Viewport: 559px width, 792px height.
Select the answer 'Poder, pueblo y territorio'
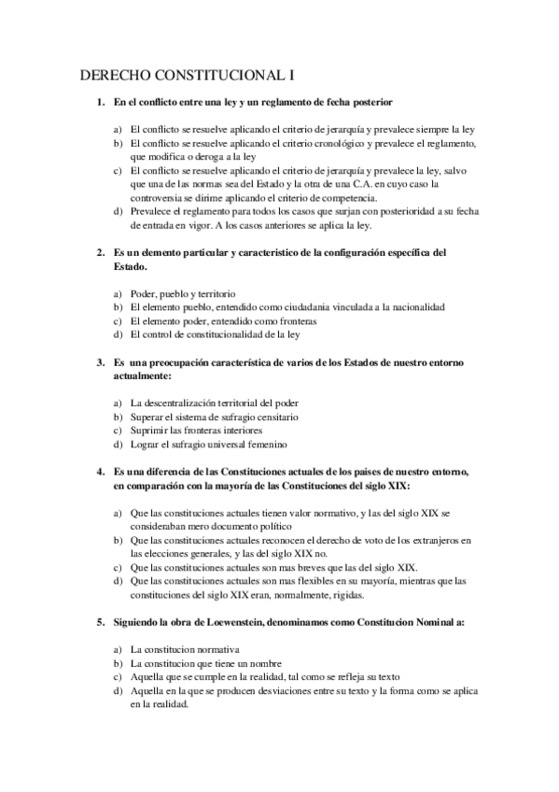[183, 292]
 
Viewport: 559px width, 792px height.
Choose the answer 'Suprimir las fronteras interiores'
[197, 430]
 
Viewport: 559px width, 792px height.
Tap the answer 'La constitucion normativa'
[186, 648]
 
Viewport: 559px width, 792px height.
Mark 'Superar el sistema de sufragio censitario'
[215, 416]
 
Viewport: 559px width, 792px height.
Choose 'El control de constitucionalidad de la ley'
[216, 333]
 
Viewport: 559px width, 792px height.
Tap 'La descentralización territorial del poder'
[216, 403]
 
